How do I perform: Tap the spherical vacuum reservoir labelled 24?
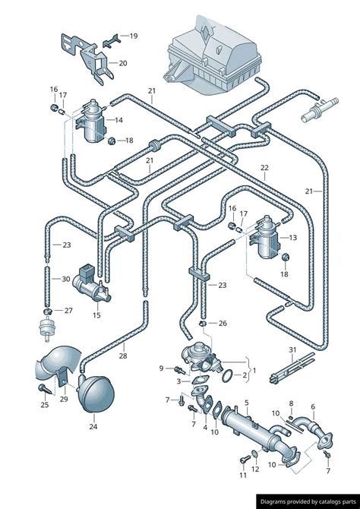[x=96, y=394]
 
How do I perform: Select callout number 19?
[x=134, y=36]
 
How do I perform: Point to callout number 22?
[x=264, y=168]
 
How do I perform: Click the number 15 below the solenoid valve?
[x=96, y=315]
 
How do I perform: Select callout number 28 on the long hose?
[x=123, y=356]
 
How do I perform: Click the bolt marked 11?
[x=245, y=460]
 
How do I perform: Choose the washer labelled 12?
[x=255, y=454]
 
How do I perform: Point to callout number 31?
[x=292, y=350]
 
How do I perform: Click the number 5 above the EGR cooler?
[x=247, y=403]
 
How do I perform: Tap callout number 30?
[x=66, y=279]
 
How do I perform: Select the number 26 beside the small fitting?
[x=223, y=324]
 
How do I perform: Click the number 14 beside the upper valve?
[x=118, y=120]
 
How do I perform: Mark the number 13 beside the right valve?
[x=293, y=238]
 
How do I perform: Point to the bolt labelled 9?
[x=179, y=369]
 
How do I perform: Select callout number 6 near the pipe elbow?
[x=313, y=406]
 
